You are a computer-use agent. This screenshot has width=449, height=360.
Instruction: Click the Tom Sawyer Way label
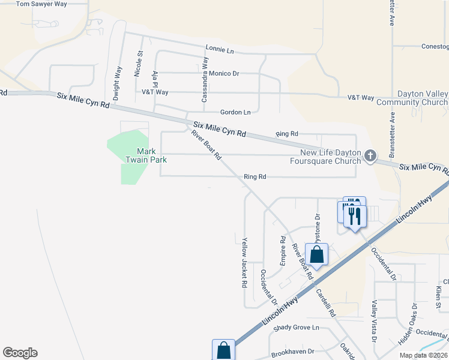click(x=41, y=4)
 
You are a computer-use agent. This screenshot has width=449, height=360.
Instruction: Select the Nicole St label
click(x=139, y=62)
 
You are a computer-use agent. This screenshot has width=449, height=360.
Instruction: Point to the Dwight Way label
click(x=116, y=86)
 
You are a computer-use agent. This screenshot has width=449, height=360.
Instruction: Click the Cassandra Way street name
click(x=205, y=79)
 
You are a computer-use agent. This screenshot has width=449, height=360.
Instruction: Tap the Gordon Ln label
click(x=235, y=112)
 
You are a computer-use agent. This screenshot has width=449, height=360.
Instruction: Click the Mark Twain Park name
click(x=143, y=155)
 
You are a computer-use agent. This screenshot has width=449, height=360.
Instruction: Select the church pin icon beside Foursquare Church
click(x=370, y=156)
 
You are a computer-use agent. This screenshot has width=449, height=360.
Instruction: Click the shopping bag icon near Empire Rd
click(x=316, y=254)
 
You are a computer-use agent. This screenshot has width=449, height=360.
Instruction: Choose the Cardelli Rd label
click(x=325, y=302)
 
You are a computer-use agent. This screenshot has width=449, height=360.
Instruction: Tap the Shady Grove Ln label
click(x=297, y=328)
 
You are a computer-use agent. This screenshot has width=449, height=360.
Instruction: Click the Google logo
click(x=20, y=353)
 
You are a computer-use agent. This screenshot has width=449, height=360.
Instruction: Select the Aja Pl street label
click(x=155, y=82)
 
